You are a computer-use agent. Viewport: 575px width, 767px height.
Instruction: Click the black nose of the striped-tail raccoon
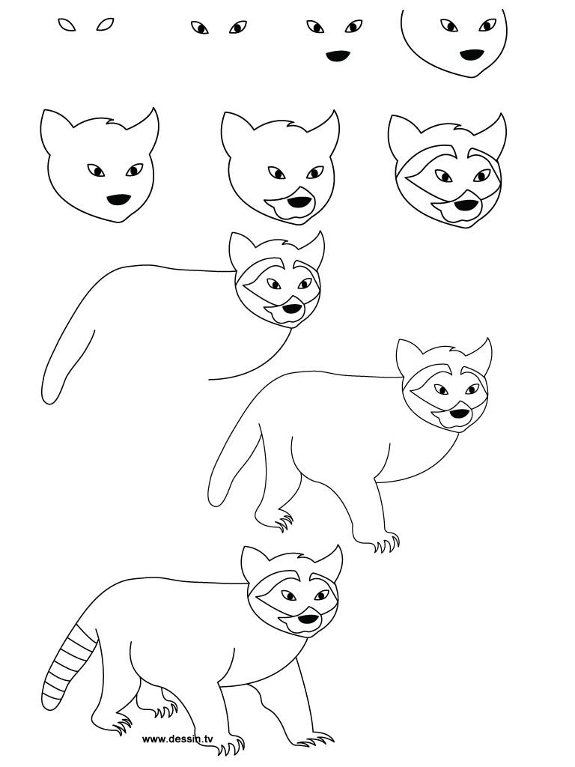(307, 619)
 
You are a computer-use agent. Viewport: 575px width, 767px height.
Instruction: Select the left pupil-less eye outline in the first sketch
(67, 25)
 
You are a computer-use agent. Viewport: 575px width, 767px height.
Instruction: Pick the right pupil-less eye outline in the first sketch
(105, 25)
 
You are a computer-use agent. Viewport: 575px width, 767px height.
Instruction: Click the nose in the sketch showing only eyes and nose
(339, 55)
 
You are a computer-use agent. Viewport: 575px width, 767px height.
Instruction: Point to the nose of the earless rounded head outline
(471, 55)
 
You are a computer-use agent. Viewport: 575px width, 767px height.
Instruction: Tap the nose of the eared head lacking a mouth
(118, 200)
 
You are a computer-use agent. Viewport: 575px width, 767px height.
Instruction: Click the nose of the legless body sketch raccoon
(292, 308)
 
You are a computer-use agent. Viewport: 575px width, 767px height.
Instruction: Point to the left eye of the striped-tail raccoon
(288, 596)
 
